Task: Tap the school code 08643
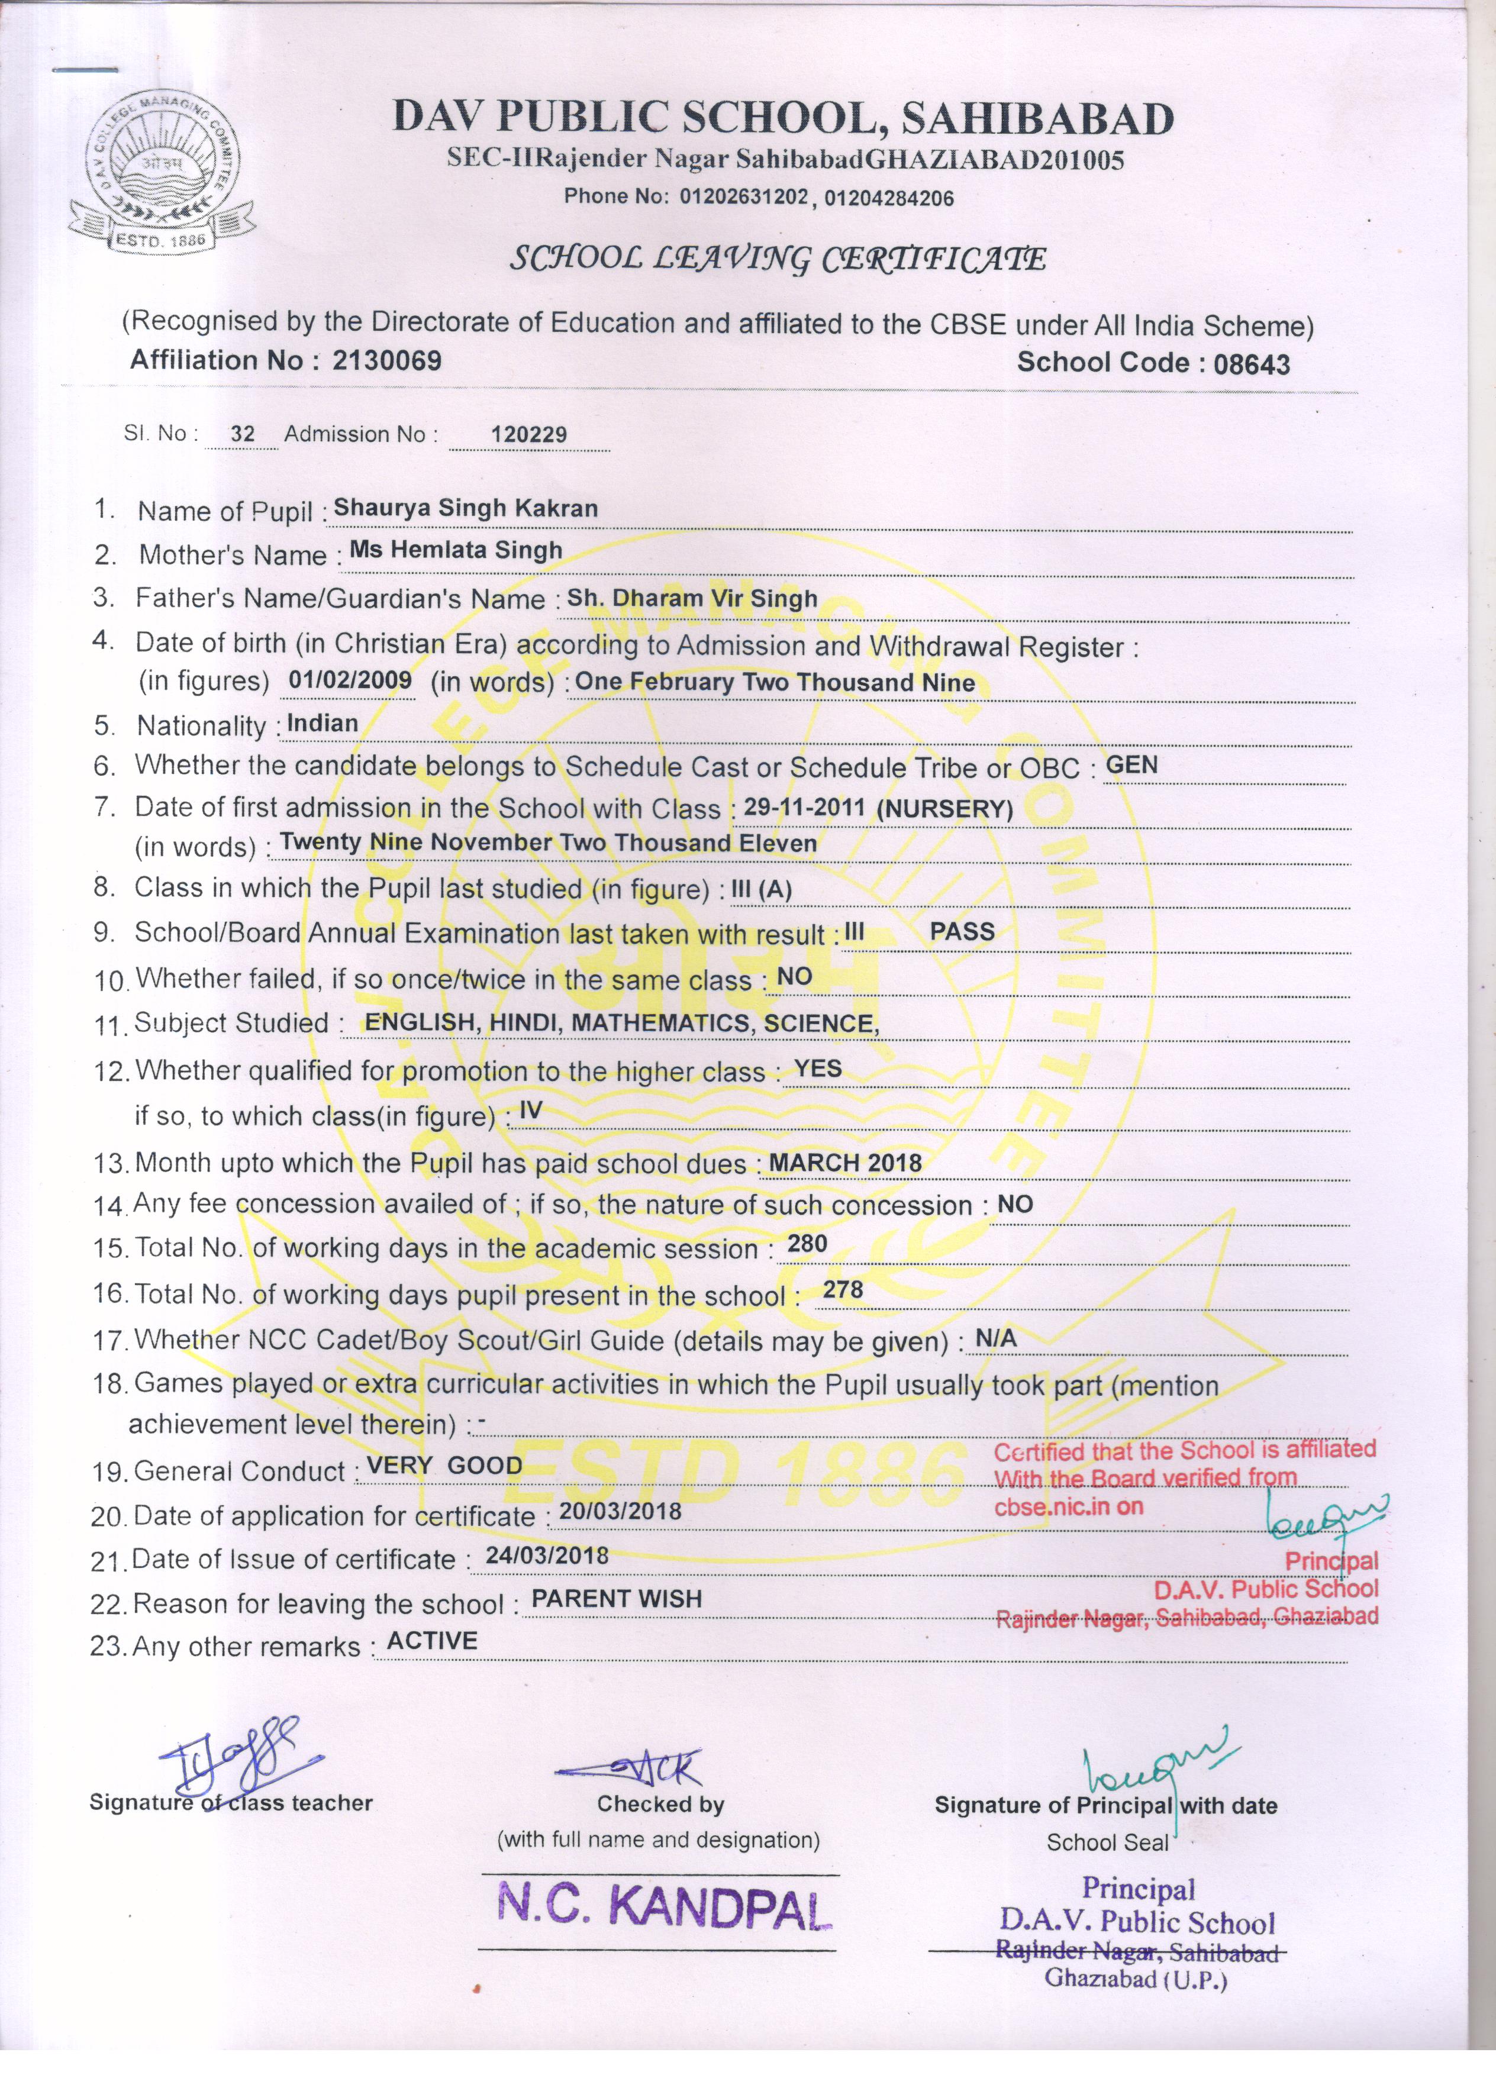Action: (x=1251, y=364)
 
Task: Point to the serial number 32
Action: (x=243, y=434)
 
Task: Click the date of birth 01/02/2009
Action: (x=350, y=680)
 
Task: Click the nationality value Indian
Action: (x=322, y=723)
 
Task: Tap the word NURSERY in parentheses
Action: (x=944, y=809)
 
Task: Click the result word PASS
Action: (x=962, y=931)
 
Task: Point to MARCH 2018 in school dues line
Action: (x=844, y=1162)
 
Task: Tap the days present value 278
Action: (x=843, y=1289)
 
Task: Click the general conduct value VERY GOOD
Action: (x=444, y=1466)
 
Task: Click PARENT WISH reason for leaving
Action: (x=616, y=1598)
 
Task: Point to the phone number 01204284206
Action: (x=888, y=198)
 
